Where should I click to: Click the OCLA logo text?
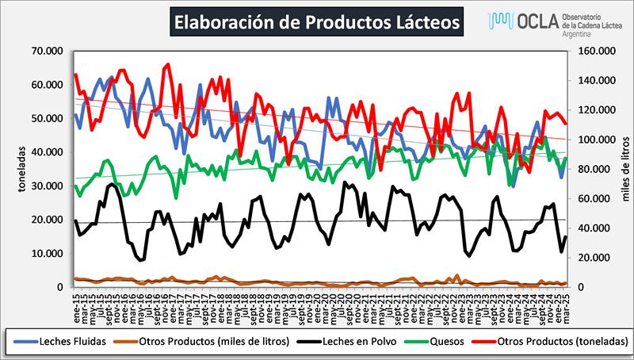click(516, 20)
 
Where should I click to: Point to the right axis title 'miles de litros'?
click(624, 168)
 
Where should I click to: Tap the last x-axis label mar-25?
click(565, 303)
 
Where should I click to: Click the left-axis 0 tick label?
click(60, 287)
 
